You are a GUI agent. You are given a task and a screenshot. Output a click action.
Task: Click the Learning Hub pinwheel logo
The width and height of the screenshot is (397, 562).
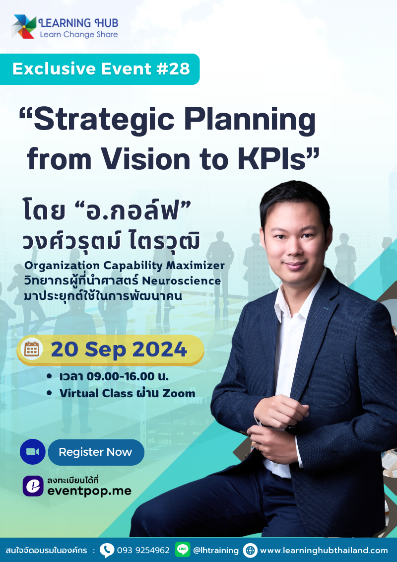pyautogui.click(x=24, y=27)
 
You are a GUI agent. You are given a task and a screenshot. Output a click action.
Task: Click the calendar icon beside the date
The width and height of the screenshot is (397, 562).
pyautogui.click(x=32, y=350)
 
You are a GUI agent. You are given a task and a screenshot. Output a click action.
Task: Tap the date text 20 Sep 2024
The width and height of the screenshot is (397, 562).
pyautogui.click(x=119, y=350)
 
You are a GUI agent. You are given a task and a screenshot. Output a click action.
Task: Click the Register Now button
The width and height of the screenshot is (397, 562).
pyautogui.click(x=95, y=452)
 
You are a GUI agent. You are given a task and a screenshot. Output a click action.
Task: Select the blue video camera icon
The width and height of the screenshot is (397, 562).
pyautogui.click(x=33, y=452)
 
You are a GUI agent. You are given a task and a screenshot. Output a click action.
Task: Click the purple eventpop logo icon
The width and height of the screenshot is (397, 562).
pyautogui.click(x=33, y=486)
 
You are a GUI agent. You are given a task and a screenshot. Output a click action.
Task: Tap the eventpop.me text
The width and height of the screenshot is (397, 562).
pyautogui.click(x=89, y=491)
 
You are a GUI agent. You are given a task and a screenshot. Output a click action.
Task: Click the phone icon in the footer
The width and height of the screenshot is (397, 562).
pyautogui.click(x=107, y=550)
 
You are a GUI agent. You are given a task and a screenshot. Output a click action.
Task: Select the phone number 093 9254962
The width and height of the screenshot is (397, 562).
pyautogui.click(x=143, y=550)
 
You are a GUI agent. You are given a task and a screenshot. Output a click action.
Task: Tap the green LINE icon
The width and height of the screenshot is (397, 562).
pyautogui.click(x=183, y=550)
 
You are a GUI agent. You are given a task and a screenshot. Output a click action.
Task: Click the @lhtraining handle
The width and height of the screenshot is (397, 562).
pyautogui.click(x=216, y=550)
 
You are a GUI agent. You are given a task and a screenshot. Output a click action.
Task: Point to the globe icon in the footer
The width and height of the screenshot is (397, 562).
pyautogui.click(x=250, y=550)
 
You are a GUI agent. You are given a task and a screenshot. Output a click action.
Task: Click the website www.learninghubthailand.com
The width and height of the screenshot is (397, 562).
pyautogui.click(x=324, y=550)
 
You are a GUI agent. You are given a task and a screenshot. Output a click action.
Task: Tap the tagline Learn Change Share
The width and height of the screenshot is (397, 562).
pyautogui.click(x=79, y=34)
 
